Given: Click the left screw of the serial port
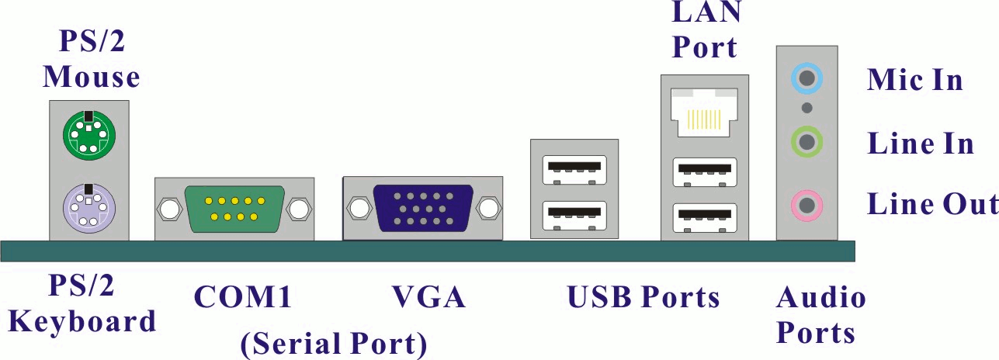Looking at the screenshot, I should [x=167, y=209].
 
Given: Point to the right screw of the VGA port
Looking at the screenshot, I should [x=488, y=209].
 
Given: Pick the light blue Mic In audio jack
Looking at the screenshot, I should [x=807, y=78].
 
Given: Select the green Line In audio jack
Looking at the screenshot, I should [x=807, y=142].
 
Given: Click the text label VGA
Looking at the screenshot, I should [x=428, y=297].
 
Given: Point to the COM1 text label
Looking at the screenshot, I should [x=242, y=297].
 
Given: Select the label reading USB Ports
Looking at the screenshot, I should [x=643, y=297].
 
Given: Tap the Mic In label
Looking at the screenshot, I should [x=914, y=79].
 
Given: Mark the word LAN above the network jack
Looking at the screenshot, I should [x=705, y=13].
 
